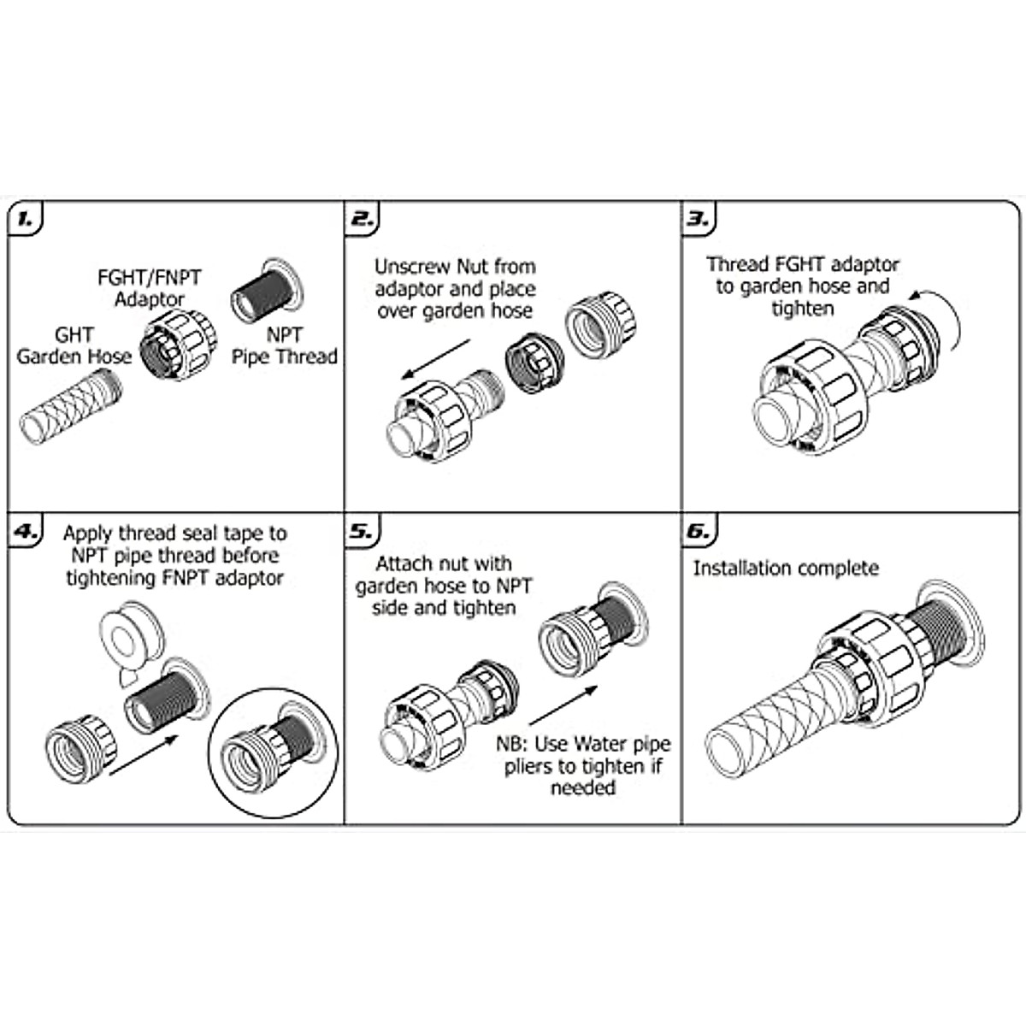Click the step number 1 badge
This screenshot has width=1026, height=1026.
pyautogui.click(x=27, y=219)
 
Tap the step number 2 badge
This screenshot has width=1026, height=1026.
pyautogui.click(x=363, y=219)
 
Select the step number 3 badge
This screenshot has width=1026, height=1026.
pyautogui.click(x=699, y=219)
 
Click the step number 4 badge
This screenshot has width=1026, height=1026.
pyautogui.click(x=27, y=531)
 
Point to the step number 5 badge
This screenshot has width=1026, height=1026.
pyautogui.click(x=363, y=531)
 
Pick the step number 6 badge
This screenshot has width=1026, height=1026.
pyautogui.click(x=699, y=531)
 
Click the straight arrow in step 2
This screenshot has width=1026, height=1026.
pyautogui.click(x=436, y=358)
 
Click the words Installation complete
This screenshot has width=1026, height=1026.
pyautogui.click(x=785, y=569)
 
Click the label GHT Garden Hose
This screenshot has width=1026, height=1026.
pyautogui.click(x=74, y=345)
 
